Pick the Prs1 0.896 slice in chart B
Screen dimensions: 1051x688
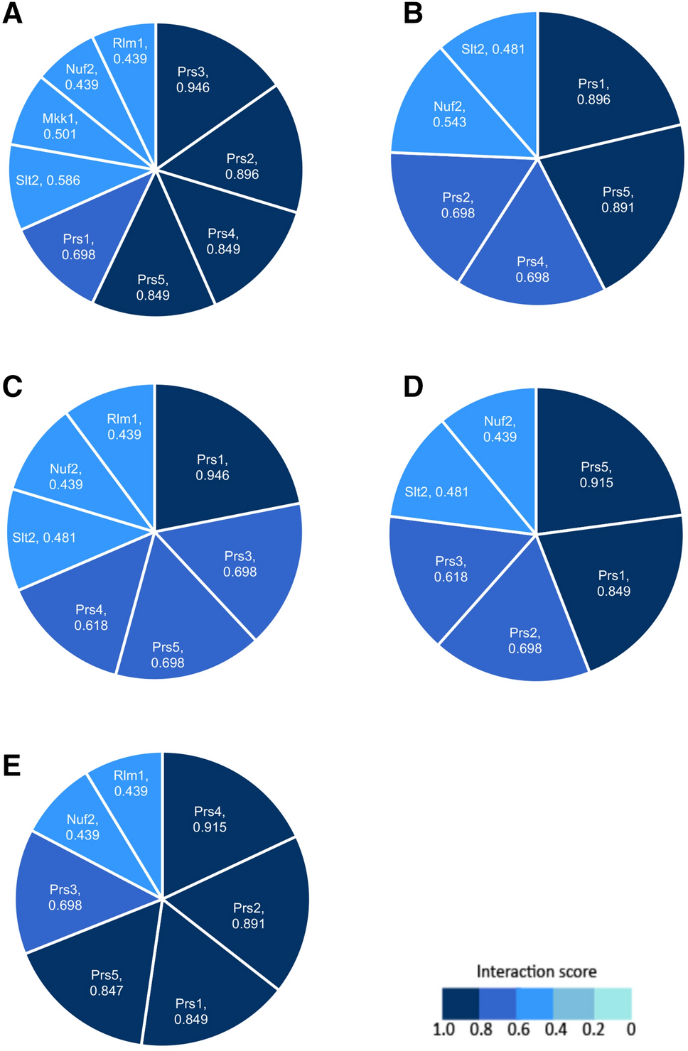click(x=597, y=89)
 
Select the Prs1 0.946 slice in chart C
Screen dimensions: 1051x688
click(x=213, y=465)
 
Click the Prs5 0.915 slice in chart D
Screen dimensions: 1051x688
click(x=597, y=472)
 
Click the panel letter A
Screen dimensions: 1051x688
click(x=12, y=13)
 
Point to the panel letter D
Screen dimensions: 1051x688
click(x=413, y=386)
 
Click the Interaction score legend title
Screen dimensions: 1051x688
click(x=536, y=971)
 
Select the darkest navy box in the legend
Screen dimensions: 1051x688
click(x=461, y=1003)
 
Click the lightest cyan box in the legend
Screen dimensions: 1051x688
click(x=613, y=1003)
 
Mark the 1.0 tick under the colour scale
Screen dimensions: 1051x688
click(x=444, y=1030)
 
